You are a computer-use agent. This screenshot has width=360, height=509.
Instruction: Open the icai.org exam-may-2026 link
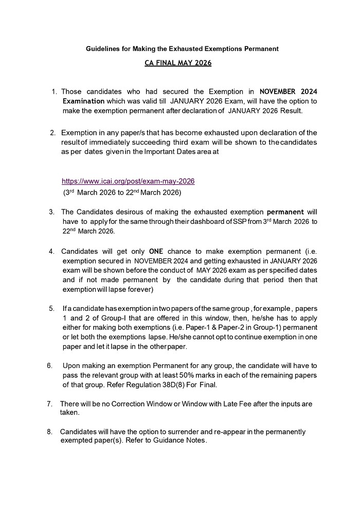click(x=128, y=181)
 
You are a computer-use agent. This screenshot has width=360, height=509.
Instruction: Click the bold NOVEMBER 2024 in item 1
click(x=289, y=91)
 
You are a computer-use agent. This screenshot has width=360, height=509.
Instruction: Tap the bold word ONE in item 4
click(x=155, y=252)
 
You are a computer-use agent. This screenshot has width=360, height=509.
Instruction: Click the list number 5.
click(x=51, y=309)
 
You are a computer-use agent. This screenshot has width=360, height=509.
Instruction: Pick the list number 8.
click(x=49, y=431)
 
